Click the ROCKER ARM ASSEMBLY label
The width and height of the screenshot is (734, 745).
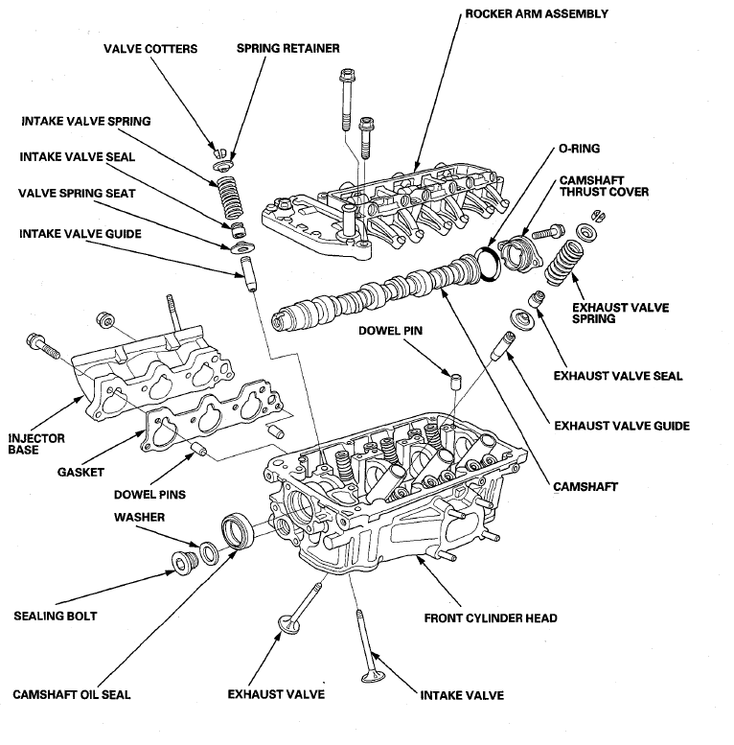tap(537, 13)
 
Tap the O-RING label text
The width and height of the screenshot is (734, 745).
tap(579, 149)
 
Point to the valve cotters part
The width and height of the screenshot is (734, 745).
tap(218, 153)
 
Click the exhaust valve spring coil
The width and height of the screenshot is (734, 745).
tap(563, 263)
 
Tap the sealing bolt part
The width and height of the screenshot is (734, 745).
tap(183, 563)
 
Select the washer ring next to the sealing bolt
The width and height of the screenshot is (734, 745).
tap(209, 552)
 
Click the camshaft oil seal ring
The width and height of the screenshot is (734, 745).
tap(238, 532)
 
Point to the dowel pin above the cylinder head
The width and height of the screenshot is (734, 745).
tap(456, 382)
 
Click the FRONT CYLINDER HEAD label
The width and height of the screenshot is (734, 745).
tap(491, 618)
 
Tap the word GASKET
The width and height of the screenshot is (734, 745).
tap(80, 473)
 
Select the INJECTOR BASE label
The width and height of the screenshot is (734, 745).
tap(36, 444)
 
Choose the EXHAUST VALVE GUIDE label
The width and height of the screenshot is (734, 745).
tap(622, 426)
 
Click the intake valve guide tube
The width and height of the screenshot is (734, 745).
tap(249, 273)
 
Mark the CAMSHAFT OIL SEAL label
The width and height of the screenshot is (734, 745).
tap(71, 694)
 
